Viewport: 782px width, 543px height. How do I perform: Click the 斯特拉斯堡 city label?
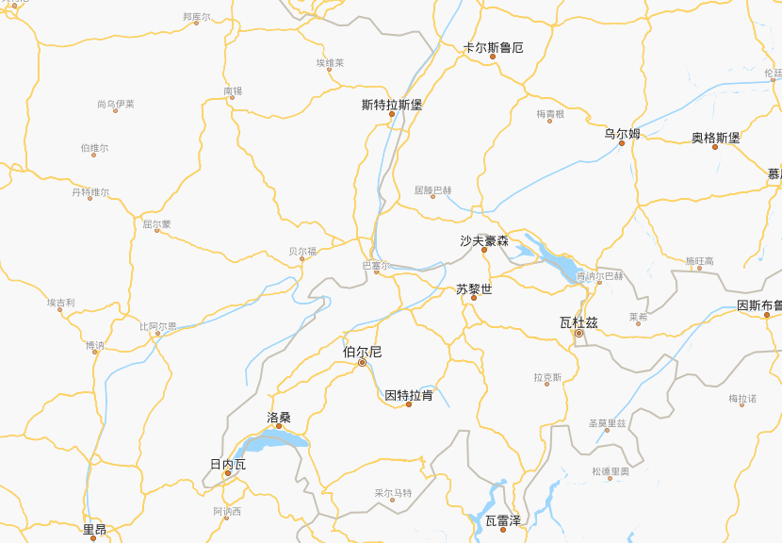392,105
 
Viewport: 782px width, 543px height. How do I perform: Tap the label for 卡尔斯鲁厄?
494,47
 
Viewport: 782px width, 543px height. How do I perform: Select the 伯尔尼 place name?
362,352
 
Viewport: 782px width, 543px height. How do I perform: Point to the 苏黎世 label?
474,289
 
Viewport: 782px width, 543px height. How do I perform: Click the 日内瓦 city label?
227,464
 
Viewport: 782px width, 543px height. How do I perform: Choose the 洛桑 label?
279,417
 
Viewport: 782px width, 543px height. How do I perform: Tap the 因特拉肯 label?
409,395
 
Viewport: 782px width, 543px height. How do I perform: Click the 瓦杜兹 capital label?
578,322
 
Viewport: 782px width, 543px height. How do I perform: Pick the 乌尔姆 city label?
622,134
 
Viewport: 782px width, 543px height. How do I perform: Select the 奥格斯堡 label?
716,138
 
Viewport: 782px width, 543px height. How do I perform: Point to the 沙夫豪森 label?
484,241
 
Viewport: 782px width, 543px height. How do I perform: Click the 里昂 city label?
94,530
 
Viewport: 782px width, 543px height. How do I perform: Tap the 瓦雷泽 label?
503,520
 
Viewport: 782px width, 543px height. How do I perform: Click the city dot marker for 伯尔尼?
362,362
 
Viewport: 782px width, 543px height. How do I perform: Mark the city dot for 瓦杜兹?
579,333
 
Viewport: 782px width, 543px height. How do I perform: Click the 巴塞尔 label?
376,267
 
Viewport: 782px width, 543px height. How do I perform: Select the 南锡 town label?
233,91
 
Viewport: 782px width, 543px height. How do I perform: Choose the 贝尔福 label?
302,252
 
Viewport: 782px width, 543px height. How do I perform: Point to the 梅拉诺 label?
742,399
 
